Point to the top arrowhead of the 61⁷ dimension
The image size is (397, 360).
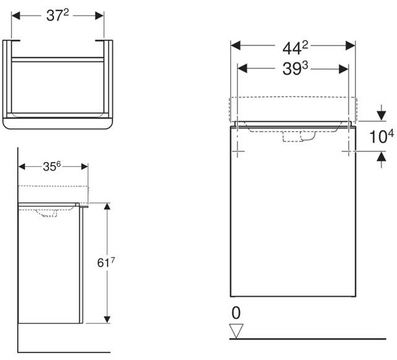tap(107, 207)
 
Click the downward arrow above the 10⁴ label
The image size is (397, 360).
tap(381, 115)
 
